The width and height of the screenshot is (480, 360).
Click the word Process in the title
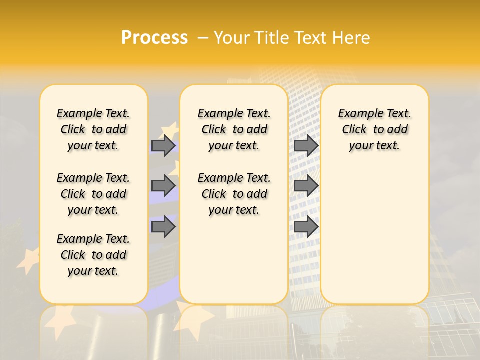[154, 37]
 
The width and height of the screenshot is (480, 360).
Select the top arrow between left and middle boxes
[163, 145]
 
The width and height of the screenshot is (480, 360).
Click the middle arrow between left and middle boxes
[163, 186]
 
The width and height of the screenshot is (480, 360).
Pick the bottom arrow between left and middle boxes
[163, 227]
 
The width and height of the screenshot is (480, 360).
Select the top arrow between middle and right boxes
[306, 145]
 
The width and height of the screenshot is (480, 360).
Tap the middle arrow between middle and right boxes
[306, 186]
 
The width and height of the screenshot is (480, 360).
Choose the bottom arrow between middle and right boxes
[306, 227]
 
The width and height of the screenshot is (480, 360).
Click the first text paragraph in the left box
[93, 129]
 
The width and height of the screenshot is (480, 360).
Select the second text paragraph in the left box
[93, 194]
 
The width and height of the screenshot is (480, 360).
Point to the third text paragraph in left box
[93, 255]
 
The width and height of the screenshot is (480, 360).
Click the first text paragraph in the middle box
[234, 129]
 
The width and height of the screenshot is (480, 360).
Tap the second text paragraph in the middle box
[234, 194]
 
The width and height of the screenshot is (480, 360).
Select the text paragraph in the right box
[374, 129]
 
